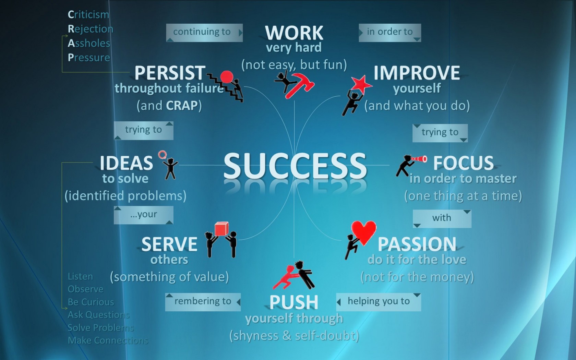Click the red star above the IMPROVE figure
pyautogui.click(x=361, y=84)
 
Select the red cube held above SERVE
pyautogui.click(x=221, y=229)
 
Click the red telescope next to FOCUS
pyautogui.click(x=419, y=159)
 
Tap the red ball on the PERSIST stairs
pyautogui.click(x=227, y=77)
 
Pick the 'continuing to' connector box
pyautogui.click(x=204, y=33)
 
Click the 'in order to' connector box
pyautogui.click(x=390, y=33)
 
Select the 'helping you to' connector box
pyautogui.click(x=379, y=302)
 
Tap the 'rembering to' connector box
pyautogui.click(x=203, y=302)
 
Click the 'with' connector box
pyautogui.click(x=442, y=219)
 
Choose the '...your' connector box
pyautogui.click(x=143, y=215)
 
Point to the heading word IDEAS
pyautogui.click(x=126, y=163)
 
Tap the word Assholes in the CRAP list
pyautogui.click(x=89, y=43)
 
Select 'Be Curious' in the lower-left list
pyautogui.click(x=91, y=302)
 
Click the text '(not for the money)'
pyautogui.click(x=417, y=277)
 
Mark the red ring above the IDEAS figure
pyautogui.click(x=162, y=155)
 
